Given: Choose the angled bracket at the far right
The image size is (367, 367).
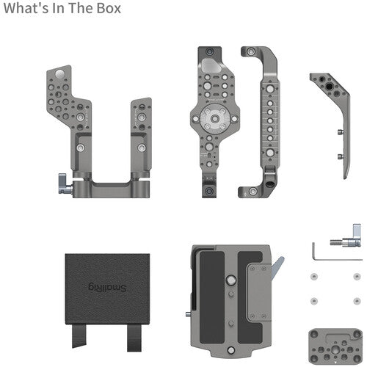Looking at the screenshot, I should pos(335,121).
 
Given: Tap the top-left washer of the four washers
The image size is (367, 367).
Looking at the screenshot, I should pos(314,276).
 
